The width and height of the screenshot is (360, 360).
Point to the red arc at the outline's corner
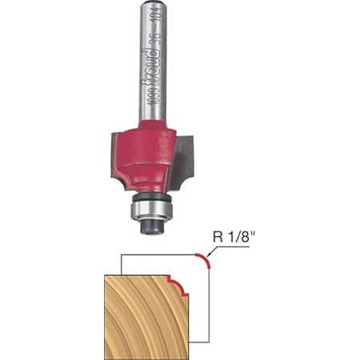[205, 261]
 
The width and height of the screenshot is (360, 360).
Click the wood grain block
[140, 316]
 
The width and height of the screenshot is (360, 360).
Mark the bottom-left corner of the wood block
[106, 356]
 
